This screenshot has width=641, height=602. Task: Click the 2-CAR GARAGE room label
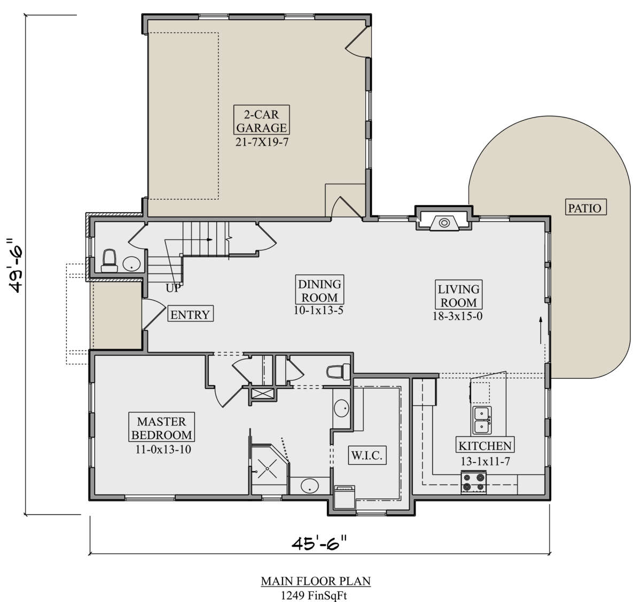[x=261, y=120]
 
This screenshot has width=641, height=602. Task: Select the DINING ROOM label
[x=319, y=290]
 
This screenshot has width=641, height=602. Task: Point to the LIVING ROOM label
[x=458, y=295]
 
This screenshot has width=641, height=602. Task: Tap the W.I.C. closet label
[x=368, y=455]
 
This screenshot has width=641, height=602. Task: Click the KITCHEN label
[x=485, y=446]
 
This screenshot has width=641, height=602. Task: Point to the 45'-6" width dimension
[x=319, y=543]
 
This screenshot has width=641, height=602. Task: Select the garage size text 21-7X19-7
[x=262, y=142]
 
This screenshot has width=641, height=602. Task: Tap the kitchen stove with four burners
[x=473, y=482]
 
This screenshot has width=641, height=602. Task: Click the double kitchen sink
[x=482, y=420]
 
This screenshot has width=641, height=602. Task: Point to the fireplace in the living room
[x=444, y=223]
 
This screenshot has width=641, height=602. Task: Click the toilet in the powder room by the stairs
[x=110, y=261]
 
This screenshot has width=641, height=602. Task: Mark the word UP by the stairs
[x=173, y=288]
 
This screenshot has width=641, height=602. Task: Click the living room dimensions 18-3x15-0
[x=458, y=316]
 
